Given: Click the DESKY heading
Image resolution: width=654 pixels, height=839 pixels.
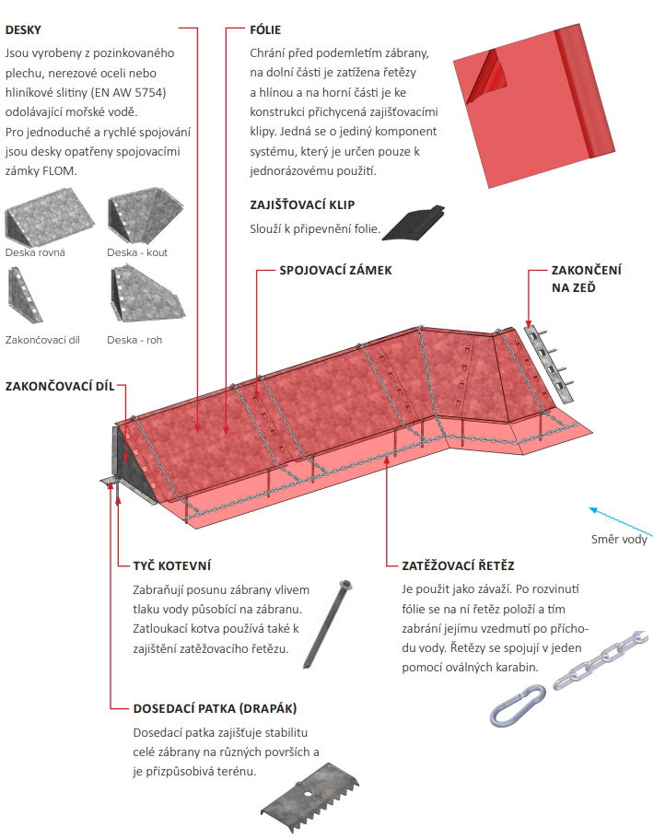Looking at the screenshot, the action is pos(23,30).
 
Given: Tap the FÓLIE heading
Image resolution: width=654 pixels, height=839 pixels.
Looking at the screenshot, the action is pos(265,30).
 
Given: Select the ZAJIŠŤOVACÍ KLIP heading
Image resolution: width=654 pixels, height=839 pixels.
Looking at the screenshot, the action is pos(302,205).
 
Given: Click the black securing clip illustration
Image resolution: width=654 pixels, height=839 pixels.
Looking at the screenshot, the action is pos(414,223).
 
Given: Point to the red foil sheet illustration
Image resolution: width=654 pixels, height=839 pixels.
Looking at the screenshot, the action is pos(533,106).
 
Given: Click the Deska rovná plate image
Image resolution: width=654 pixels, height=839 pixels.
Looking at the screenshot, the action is pos(49,216).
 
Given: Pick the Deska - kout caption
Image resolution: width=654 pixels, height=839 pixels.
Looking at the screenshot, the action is pos(137,252).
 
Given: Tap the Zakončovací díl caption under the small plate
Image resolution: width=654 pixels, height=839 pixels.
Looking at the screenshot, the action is pos(42,340).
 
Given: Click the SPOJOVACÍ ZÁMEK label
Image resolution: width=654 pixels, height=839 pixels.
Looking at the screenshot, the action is pos(335,270).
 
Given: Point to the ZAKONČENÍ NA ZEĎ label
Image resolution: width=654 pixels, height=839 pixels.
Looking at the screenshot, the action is pos(586,279).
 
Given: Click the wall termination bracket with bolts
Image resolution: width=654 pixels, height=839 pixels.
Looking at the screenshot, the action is pos(548,363).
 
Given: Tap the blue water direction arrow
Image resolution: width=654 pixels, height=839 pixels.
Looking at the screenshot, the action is pos(621,521).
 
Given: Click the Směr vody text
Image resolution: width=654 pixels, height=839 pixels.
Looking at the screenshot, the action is pos(619,540).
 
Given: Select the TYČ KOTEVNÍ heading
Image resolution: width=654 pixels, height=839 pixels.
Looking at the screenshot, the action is pos(172,565).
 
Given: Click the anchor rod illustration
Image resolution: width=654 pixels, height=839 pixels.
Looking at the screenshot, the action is pos(328,624).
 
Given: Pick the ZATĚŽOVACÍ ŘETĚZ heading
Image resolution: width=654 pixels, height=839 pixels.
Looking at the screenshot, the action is pos(458,565).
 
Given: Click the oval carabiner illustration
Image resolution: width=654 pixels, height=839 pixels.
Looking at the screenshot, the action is pos(518,705).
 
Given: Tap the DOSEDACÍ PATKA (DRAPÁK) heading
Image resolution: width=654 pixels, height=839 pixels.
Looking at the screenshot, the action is pos(215,708).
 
